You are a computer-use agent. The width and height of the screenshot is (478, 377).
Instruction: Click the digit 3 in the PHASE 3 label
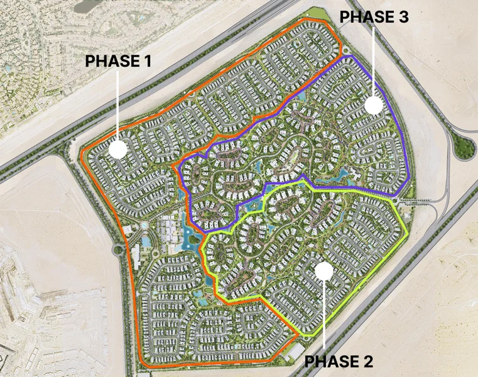(403, 17)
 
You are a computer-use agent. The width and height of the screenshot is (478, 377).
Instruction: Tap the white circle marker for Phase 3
(374, 105)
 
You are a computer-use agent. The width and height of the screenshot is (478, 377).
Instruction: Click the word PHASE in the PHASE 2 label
(329, 361)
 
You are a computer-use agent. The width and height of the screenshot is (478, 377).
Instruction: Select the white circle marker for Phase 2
(323, 271)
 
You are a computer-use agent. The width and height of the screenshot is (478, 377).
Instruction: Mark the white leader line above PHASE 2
(323, 314)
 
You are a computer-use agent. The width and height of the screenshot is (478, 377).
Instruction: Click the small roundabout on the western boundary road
(117, 249)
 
